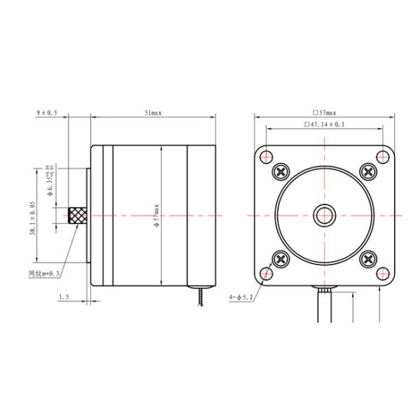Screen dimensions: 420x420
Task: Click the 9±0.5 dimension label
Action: (47, 112)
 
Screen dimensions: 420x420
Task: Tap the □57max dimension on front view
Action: (325, 112)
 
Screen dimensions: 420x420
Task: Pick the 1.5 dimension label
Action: (64, 297)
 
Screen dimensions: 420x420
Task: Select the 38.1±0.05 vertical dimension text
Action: (33, 217)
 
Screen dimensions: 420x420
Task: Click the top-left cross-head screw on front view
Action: (281, 170)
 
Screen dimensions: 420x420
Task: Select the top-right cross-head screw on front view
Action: (367, 170)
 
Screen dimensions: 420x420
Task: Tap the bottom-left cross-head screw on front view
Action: (281, 258)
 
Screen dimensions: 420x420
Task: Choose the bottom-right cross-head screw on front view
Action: (367, 258)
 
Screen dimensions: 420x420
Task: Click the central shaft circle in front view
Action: (324, 214)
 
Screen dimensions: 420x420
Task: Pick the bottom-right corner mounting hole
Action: (381, 272)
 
